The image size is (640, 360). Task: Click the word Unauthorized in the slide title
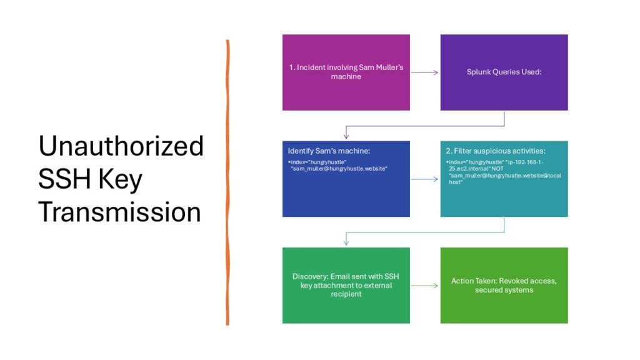click(x=121, y=146)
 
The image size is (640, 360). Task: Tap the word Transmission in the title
click(x=119, y=212)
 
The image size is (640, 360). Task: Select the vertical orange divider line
click(x=227, y=182)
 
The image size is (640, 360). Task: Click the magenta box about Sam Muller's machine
click(x=346, y=72)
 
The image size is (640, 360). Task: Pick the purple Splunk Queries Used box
click(x=504, y=72)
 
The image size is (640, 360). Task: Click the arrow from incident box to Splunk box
click(x=424, y=72)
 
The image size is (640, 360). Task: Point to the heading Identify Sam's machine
click(x=329, y=151)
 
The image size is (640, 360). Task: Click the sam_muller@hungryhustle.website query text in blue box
click(x=339, y=169)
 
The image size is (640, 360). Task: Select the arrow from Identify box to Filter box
click(x=424, y=179)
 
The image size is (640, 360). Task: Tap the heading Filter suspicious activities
click(x=496, y=151)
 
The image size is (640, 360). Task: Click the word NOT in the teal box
click(x=497, y=169)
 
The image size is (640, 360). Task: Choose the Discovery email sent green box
click(x=346, y=285)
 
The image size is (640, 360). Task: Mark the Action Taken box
click(x=504, y=285)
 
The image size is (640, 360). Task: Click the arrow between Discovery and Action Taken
click(x=424, y=286)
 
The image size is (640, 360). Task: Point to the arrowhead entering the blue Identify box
click(x=346, y=136)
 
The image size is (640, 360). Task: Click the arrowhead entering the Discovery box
click(x=346, y=242)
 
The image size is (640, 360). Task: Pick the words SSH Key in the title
click(x=90, y=179)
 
